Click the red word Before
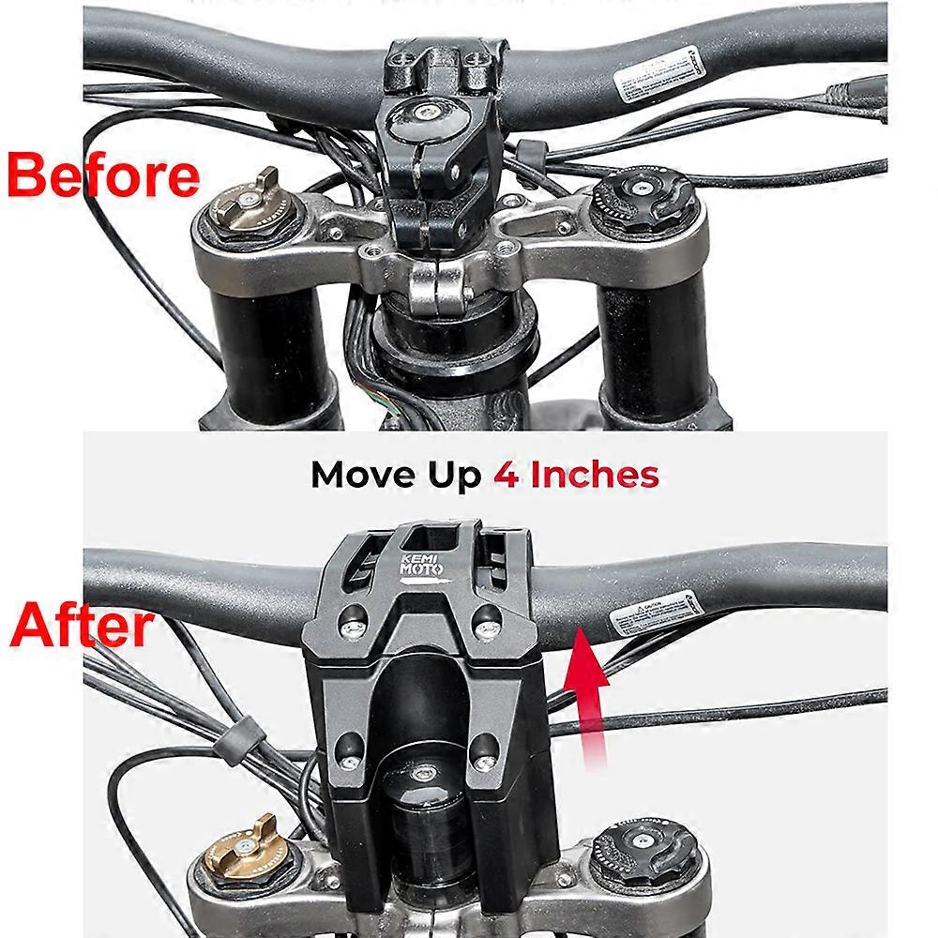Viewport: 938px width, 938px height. [103, 175]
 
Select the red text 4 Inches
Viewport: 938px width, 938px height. [576, 475]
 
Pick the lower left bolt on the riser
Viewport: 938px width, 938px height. [349, 748]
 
